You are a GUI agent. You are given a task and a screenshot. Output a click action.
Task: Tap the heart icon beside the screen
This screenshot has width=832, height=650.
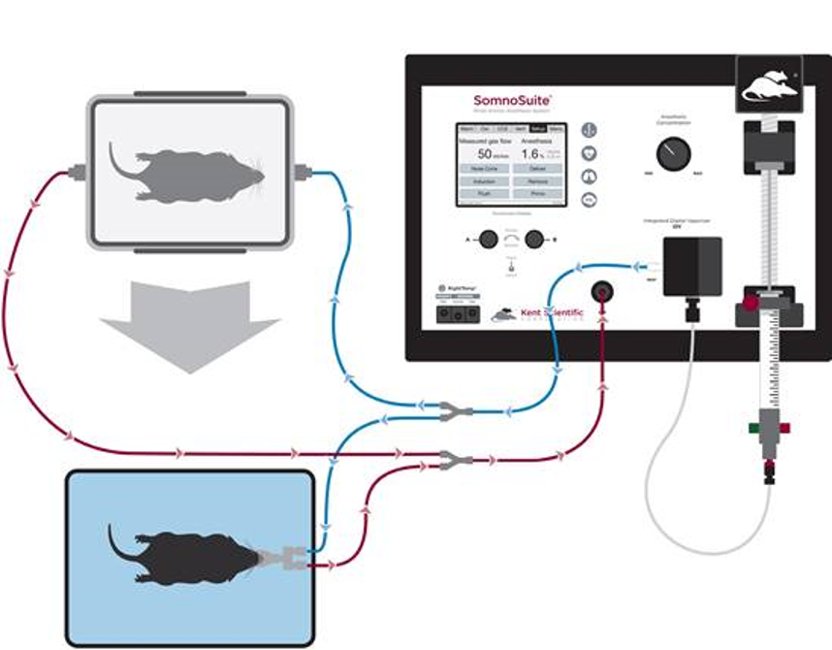pyautogui.click(x=589, y=153)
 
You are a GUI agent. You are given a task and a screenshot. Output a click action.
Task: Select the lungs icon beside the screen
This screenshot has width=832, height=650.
pyautogui.click(x=589, y=177)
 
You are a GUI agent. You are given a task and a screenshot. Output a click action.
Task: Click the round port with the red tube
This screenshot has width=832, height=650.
pyautogui.click(x=602, y=291)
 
